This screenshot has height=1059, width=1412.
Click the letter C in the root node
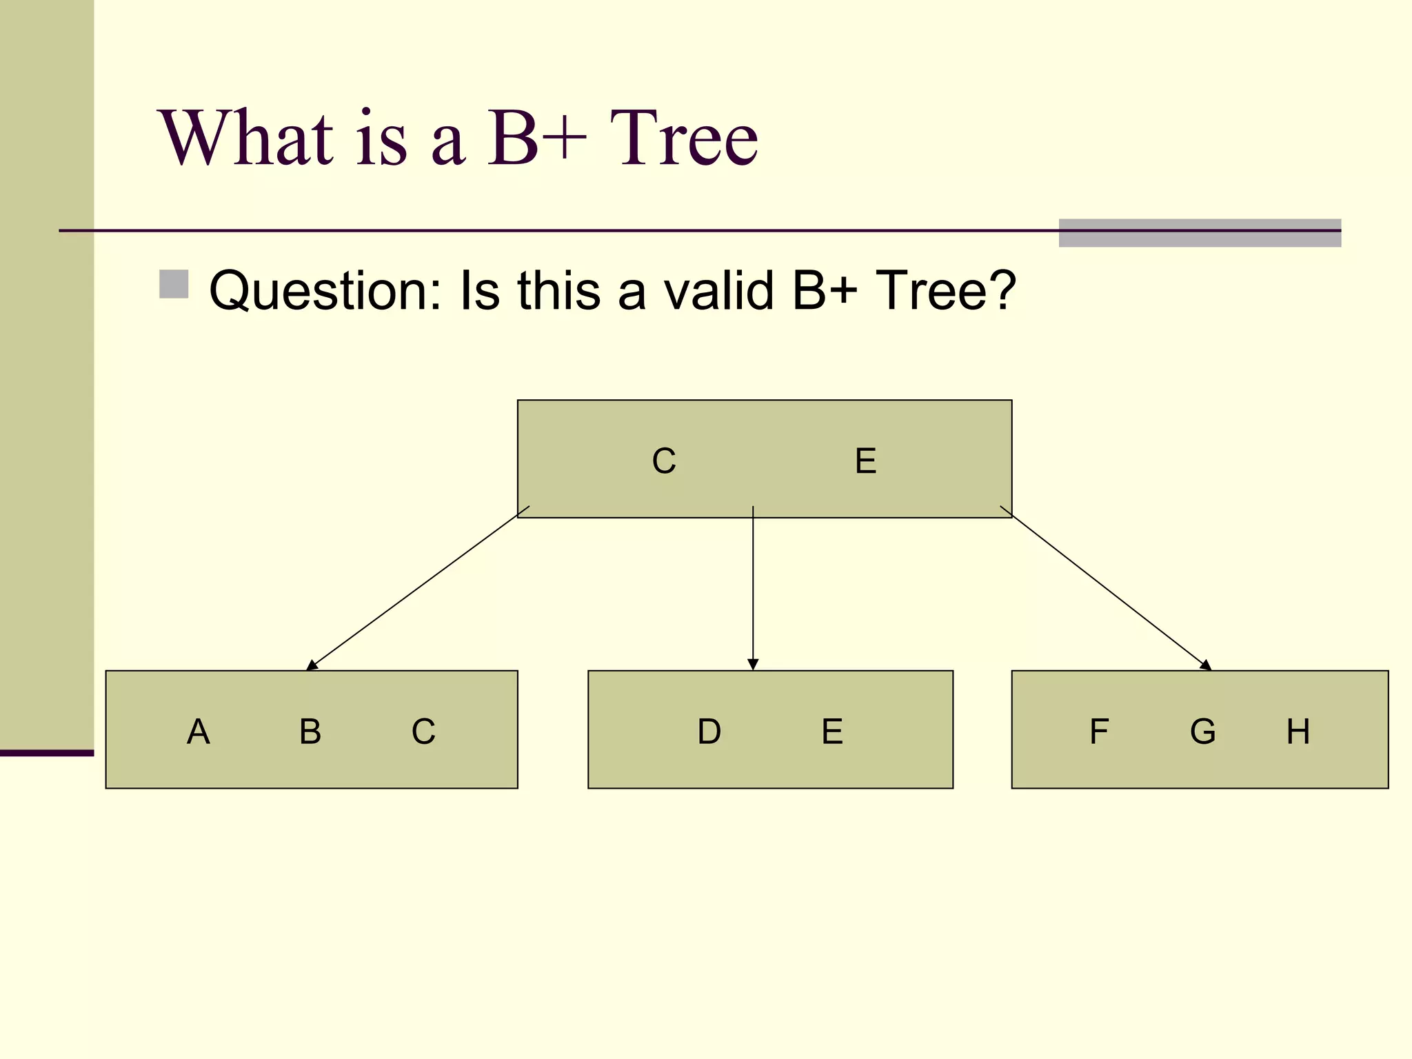(x=664, y=461)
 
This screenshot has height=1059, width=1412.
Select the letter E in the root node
(x=865, y=461)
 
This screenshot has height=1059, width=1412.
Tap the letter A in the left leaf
(x=198, y=732)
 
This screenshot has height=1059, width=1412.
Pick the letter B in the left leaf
(x=310, y=732)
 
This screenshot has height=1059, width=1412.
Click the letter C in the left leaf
(x=423, y=732)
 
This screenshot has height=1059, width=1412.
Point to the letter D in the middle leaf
(x=709, y=732)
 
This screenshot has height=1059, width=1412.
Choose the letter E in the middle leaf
(x=832, y=732)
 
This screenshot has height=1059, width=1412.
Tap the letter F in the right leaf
(x=1099, y=732)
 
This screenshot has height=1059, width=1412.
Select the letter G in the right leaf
(x=1202, y=732)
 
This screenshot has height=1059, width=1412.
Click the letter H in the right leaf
(x=1298, y=732)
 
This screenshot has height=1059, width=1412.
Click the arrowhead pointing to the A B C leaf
(x=312, y=665)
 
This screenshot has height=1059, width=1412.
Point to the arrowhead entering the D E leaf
(x=753, y=665)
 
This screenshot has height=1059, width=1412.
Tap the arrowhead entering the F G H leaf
(x=1205, y=665)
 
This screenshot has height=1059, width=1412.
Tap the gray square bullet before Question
(x=174, y=284)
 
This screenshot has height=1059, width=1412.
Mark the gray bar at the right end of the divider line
(x=1200, y=233)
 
